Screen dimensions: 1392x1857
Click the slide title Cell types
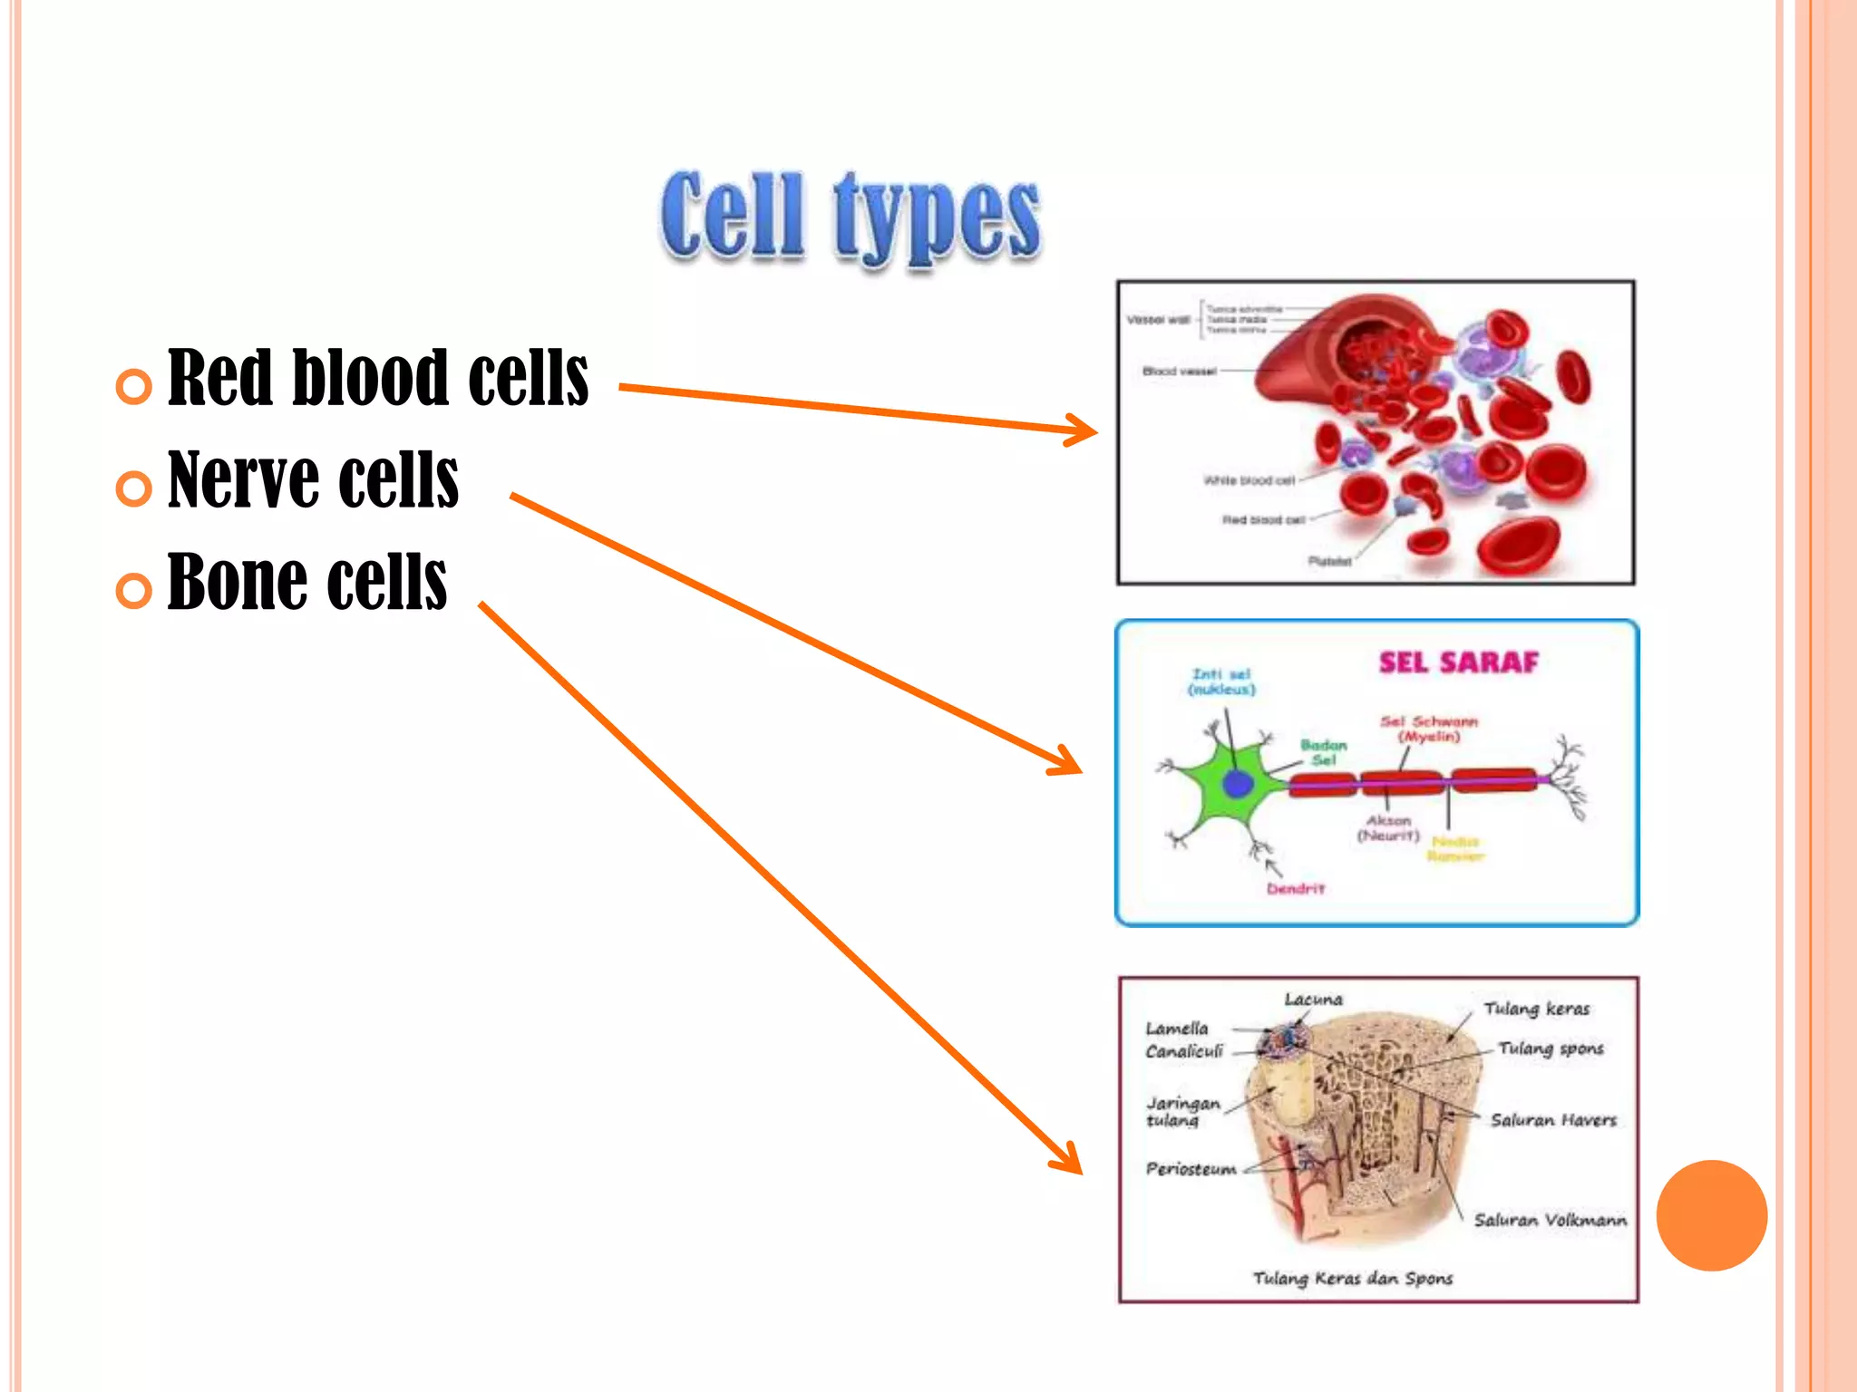851,217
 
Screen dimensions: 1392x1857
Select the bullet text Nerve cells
313,479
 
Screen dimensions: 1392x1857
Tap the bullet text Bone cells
306,582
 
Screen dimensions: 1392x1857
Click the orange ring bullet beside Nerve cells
134,488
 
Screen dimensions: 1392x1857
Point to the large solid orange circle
1711,1215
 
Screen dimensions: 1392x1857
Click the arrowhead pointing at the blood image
1084,430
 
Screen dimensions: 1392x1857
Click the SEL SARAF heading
1458,662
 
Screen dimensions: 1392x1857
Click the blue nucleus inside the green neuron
1237,784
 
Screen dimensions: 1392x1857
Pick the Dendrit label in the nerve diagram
1296,889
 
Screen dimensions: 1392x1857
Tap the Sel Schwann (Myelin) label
1429,729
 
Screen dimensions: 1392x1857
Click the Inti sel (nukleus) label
1221,681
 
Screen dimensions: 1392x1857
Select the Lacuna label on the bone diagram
1313,1000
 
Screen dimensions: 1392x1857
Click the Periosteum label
1191,1169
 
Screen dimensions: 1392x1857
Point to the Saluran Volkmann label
1550,1220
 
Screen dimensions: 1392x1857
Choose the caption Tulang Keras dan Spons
1352,1278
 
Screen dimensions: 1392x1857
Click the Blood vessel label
1179,372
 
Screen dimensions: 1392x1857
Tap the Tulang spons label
1551,1049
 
